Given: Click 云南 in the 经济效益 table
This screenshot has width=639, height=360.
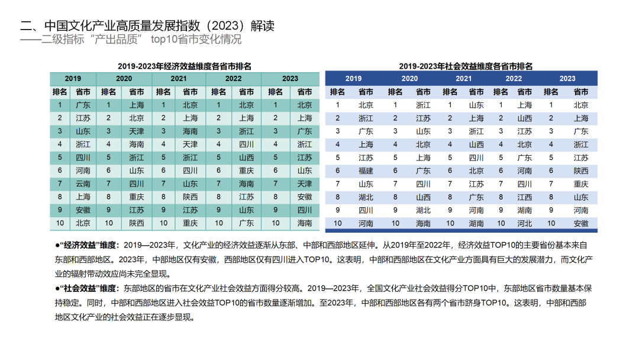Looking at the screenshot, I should click(x=83, y=184).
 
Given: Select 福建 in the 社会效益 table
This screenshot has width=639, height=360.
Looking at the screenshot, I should click(x=366, y=171).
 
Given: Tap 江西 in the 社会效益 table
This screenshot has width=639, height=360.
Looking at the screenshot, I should click(x=524, y=197).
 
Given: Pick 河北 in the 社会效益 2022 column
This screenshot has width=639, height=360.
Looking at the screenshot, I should click(x=524, y=223).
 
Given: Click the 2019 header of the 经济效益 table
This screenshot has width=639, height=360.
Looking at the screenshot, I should click(x=73, y=79).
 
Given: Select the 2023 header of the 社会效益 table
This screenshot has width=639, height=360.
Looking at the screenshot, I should click(x=567, y=79).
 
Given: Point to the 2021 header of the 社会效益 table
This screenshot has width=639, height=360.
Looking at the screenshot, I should click(x=463, y=79).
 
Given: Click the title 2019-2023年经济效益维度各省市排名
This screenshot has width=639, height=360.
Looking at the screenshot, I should click(x=184, y=66).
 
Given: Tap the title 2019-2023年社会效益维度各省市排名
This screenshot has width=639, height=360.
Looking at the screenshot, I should click(x=466, y=66).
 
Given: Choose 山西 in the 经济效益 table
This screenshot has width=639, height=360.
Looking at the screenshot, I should click(x=246, y=157).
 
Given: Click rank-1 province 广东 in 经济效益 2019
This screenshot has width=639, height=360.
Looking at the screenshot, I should click(x=83, y=105).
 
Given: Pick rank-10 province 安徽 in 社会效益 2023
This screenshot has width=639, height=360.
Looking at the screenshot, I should click(x=581, y=223).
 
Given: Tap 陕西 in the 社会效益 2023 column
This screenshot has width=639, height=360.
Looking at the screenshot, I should click(x=581, y=171).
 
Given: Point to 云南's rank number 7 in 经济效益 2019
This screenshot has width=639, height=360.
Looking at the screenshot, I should click(x=60, y=184).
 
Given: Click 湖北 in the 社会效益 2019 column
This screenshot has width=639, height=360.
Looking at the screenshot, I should click(x=366, y=197).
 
